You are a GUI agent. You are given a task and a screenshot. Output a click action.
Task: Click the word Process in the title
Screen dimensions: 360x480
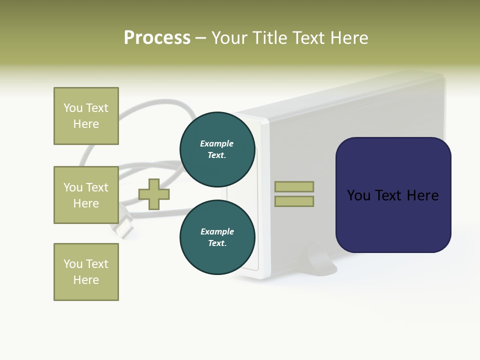(x=157, y=38)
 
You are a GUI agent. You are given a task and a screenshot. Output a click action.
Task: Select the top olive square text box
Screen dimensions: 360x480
(x=86, y=116)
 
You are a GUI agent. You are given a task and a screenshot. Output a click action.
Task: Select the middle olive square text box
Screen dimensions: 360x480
(x=86, y=195)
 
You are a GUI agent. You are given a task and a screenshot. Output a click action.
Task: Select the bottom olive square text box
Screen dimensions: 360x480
(x=86, y=272)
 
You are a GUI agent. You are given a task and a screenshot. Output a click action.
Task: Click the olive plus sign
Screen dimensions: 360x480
(x=154, y=194)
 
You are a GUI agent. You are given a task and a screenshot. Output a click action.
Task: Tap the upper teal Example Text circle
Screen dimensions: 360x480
(x=217, y=149)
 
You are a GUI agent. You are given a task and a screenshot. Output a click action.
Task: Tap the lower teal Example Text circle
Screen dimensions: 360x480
(x=217, y=237)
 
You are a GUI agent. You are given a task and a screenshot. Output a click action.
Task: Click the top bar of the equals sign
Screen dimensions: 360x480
(x=294, y=186)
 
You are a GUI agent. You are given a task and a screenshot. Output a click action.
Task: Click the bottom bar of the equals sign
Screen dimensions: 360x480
(x=294, y=201)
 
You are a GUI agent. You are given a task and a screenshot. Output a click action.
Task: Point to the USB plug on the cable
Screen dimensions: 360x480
(x=125, y=226)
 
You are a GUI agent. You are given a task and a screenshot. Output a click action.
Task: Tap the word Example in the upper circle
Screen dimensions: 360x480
(x=217, y=143)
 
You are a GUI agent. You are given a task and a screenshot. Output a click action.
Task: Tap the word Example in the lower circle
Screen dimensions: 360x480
(x=217, y=231)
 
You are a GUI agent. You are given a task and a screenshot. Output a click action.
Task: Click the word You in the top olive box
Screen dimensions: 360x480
(x=73, y=108)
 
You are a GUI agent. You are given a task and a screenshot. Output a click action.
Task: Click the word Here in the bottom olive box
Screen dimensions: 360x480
(x=86, y=280)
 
